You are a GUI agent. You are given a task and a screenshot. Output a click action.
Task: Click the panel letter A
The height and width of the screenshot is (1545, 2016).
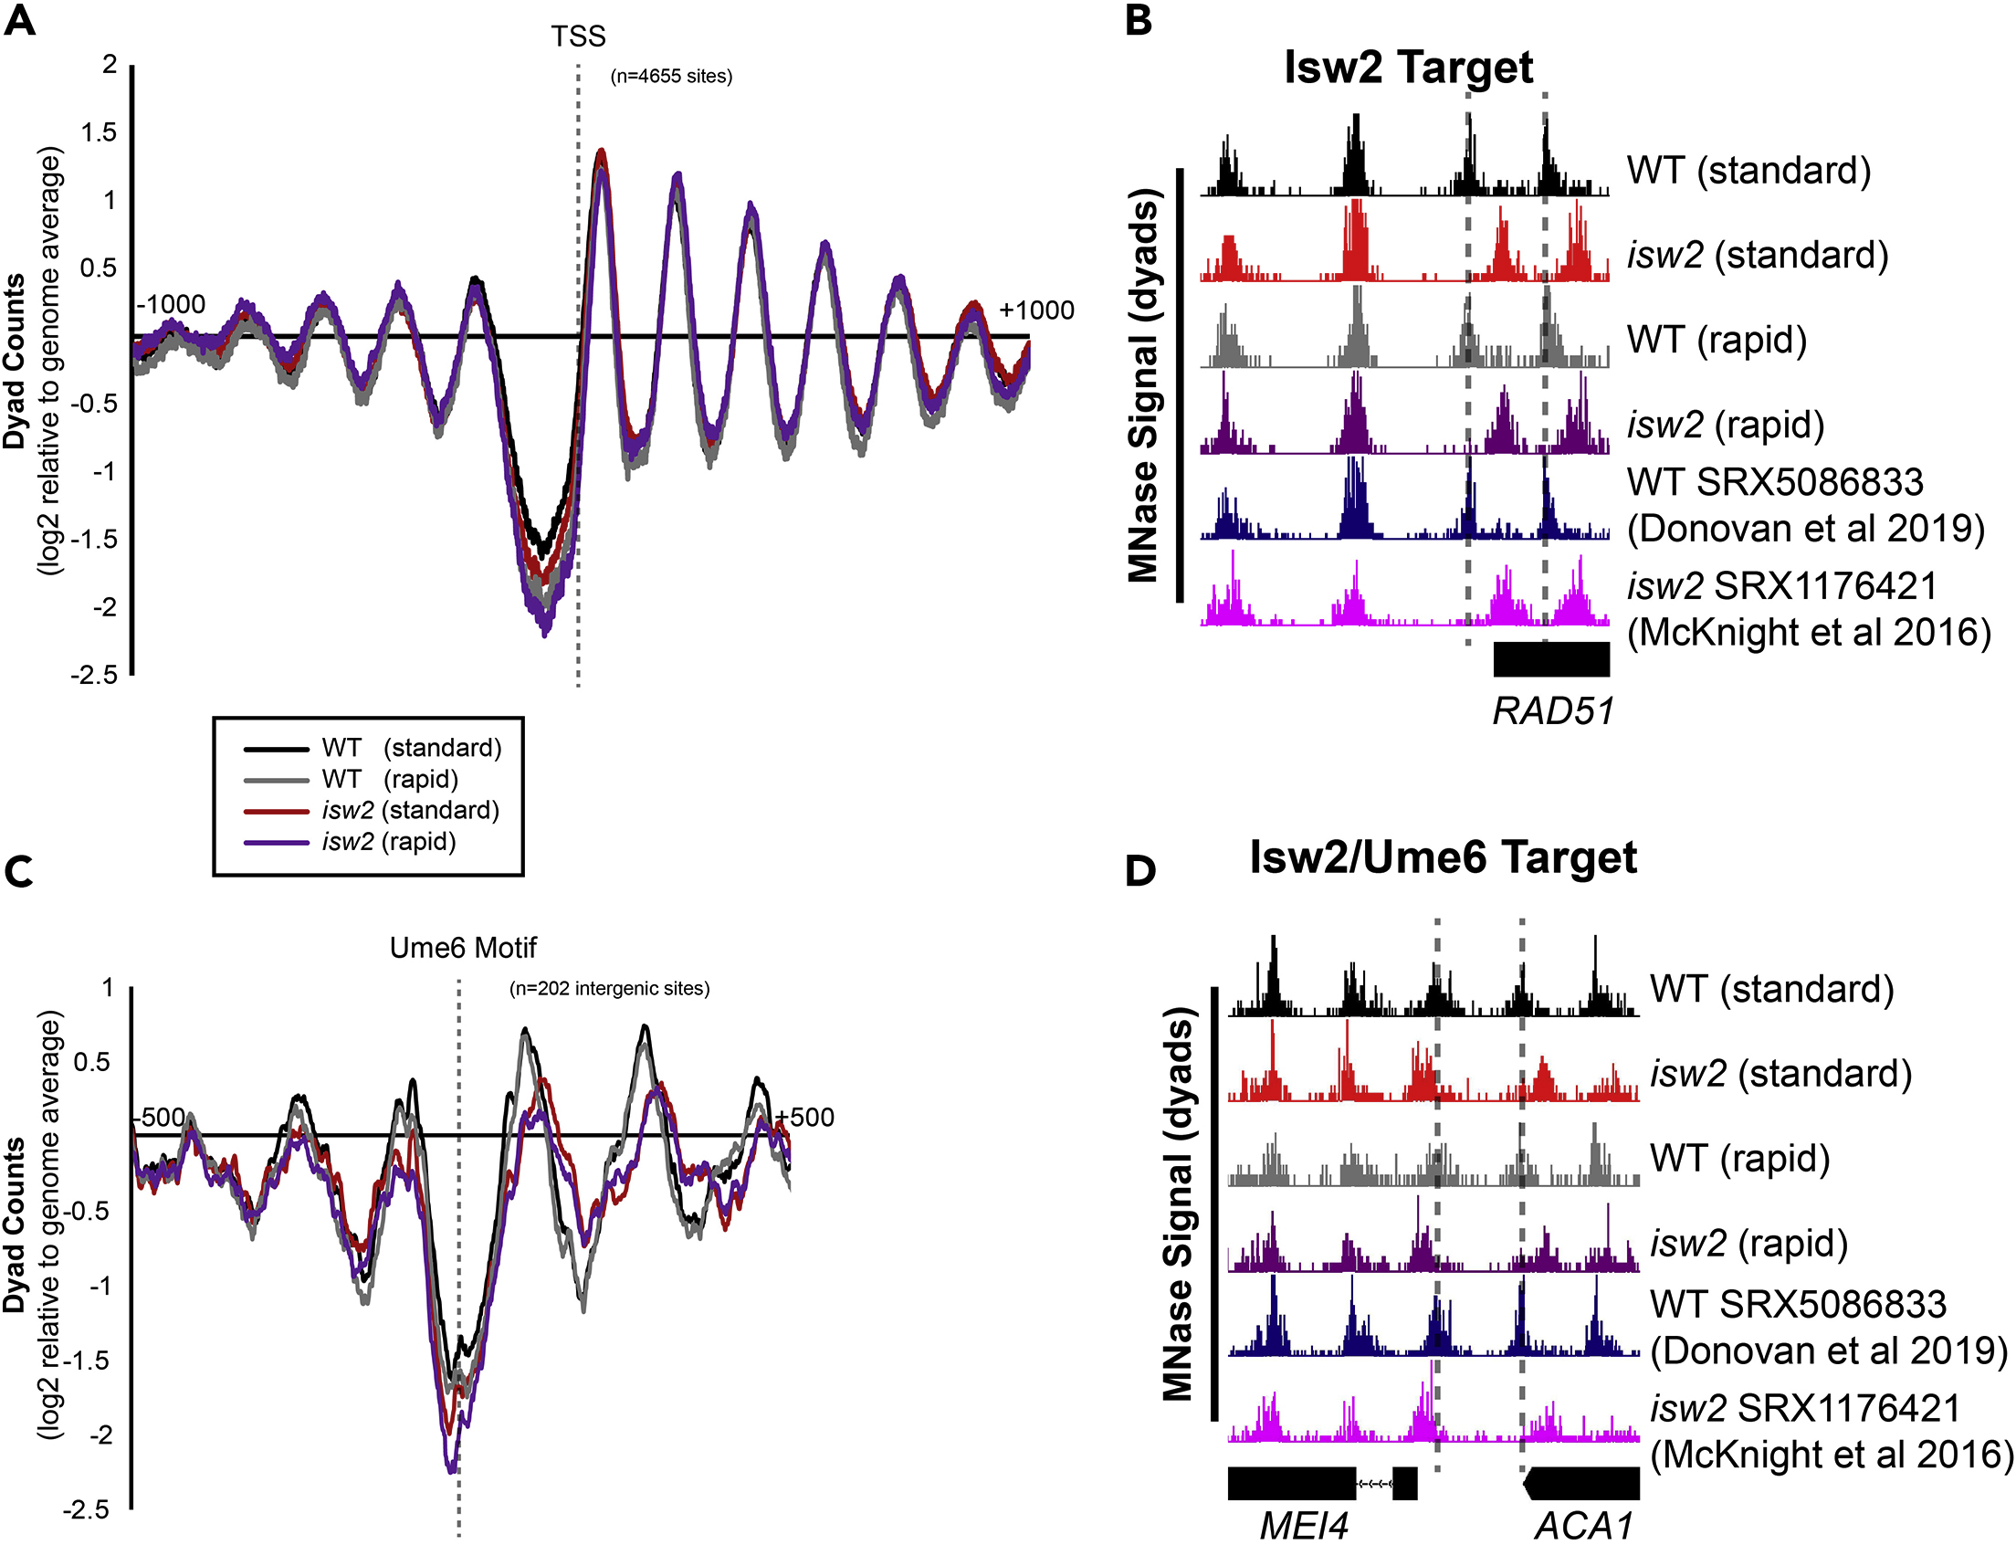coord(19,19)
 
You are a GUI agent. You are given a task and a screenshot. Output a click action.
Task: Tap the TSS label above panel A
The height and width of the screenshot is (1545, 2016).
coord(578,37)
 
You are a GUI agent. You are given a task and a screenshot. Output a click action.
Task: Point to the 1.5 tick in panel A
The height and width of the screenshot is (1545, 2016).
coord(100,132)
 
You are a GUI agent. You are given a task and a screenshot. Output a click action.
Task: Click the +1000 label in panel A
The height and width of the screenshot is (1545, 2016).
coord(1036,310)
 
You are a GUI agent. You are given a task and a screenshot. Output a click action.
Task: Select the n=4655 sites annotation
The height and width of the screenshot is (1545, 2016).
coord(671,77)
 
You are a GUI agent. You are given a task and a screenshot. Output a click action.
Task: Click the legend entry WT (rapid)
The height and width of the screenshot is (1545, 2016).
coord(390,779)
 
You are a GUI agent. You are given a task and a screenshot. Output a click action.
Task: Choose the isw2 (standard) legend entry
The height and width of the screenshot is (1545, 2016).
coord(410,810)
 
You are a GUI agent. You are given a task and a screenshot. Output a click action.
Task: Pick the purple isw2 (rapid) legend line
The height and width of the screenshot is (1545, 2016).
coord(276,842)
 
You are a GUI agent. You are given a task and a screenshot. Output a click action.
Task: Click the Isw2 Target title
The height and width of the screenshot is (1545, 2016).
coord(1408,68)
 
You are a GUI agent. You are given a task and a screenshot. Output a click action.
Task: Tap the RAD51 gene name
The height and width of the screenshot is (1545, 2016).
coord(1552,711)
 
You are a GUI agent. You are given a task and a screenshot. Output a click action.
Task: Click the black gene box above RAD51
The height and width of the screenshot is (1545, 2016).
coord(1551,659)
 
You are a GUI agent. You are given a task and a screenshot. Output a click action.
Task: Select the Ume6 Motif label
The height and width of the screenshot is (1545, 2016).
coord(463,947)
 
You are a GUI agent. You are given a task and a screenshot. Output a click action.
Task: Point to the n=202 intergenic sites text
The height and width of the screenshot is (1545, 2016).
coord(610,989)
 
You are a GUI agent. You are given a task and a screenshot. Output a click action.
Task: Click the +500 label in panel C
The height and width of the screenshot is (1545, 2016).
coord(804,1118)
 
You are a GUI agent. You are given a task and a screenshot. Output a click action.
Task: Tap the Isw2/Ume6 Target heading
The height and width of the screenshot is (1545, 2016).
coord(1442,857)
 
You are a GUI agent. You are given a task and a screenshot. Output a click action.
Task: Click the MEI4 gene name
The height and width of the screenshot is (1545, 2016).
coord(1303,1526)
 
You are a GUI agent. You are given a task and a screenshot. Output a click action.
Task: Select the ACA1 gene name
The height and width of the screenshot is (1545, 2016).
coord(1584,1526)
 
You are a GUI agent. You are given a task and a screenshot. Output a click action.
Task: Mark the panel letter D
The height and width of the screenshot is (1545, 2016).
coord(1140,870)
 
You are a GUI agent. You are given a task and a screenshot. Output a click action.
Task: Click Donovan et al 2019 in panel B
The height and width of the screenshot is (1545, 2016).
coord(1805,529)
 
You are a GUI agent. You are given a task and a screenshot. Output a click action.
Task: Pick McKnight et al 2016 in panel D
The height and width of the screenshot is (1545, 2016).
coord(1832,1454)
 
